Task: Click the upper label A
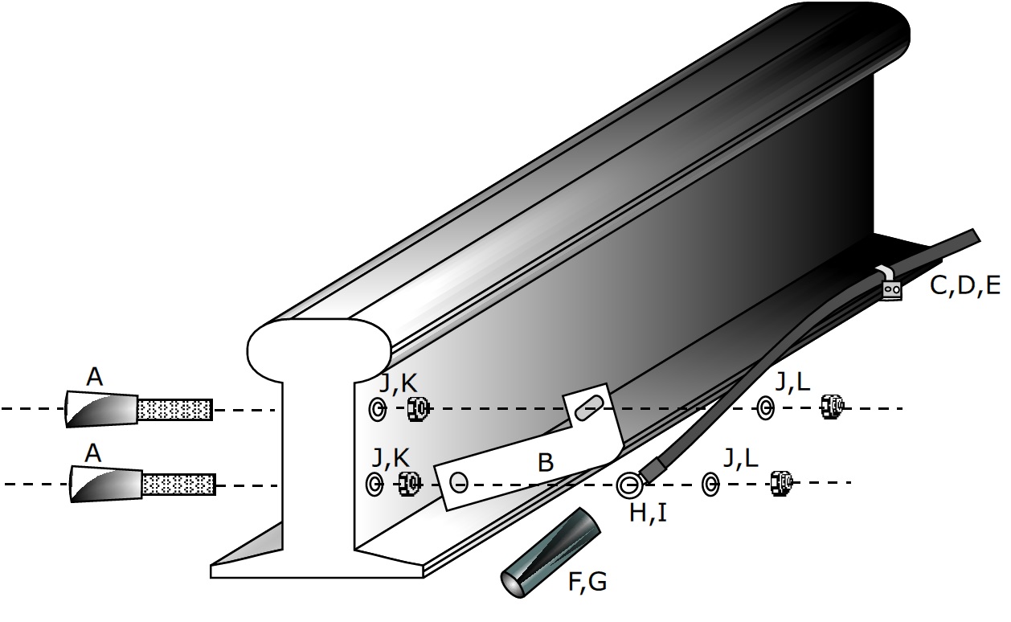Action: pyautogui.click(x=94, y=377)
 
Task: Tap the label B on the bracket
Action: pyautogui.click(x=545, y=464)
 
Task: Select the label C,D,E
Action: pyautogui.click(x=964, y=284)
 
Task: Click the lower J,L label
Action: pyautogui.click(x=739, y=458)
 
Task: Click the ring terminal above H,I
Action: pyautogui.click(x=629, y=485)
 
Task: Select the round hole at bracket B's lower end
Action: pyautogui.click(x=458, y=482)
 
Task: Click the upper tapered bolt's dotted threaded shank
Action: pyautogui.click(x=175, y=410)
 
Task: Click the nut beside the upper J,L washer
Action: pyautogui.click(x=831, y=407)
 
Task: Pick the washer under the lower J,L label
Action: pyautogui.click(x=710, y=484)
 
